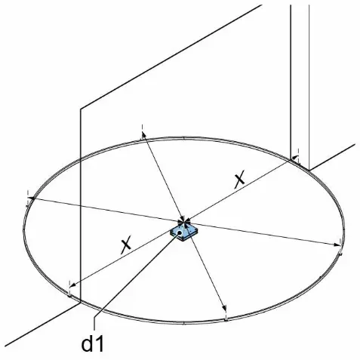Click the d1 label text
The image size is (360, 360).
point(92,344)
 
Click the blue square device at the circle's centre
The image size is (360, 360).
point(184,233)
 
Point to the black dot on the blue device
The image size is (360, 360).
point(180,233)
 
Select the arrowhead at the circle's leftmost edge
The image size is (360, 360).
point(31,198)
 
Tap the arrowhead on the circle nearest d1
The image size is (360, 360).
point(72,285)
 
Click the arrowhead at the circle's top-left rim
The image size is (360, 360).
point(143,137)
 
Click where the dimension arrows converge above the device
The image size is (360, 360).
point(184,222)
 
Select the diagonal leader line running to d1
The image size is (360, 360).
point(137,275)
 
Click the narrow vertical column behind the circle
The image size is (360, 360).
point(300,85)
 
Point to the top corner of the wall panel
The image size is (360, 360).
point(81,109)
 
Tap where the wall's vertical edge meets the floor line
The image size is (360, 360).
point(81,303)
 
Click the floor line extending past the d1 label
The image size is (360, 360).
point(42,325)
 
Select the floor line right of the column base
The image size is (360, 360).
point(332,157)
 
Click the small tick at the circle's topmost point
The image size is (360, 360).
point(184,138)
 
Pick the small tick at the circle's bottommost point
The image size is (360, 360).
point(184,323)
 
